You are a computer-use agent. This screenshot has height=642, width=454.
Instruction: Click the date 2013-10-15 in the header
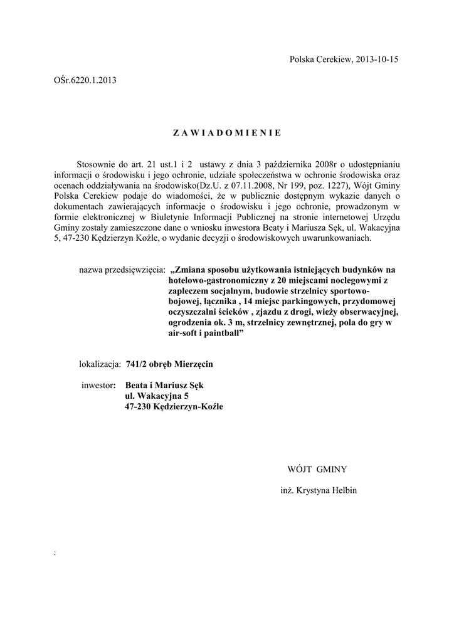376,60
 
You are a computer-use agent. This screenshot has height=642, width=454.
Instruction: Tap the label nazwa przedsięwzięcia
122,270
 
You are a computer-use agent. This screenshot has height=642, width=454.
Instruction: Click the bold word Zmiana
196,270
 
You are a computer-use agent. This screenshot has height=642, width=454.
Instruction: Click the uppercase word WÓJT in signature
300,468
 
